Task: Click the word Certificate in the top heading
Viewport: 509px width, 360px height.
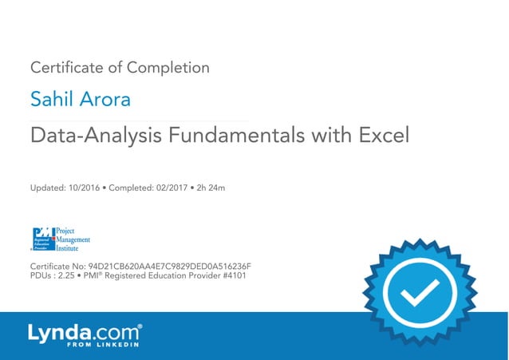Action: click(62, 68)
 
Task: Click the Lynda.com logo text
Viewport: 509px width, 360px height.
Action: click(85, 332)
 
